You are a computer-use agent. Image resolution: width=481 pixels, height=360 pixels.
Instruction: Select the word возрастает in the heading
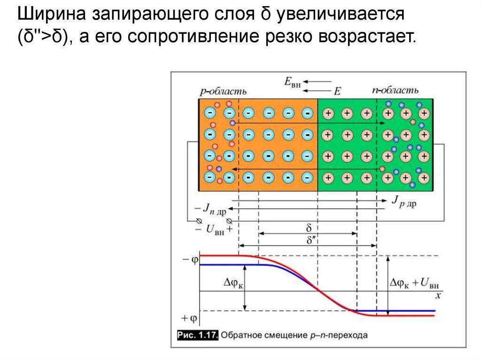366,38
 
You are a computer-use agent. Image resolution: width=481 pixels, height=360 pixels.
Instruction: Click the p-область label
223,92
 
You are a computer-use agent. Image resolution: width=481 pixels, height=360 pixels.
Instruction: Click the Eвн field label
292,82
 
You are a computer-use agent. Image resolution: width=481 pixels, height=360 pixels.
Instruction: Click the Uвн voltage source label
212,230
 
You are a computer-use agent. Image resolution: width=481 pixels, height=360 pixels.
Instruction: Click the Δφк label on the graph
233,283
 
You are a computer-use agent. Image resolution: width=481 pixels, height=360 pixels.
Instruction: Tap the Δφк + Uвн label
414,283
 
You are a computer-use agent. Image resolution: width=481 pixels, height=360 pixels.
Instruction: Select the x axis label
438,296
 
